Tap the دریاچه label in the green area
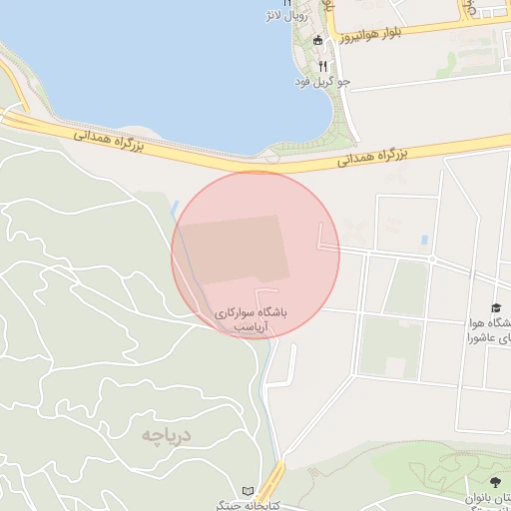tap(165, 434)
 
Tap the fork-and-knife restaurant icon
tap(322, 65)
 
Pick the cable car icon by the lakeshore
tap(317, 40)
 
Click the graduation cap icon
tap(496, 307)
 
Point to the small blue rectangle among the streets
tap(425, 241)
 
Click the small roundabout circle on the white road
tap(432, 260)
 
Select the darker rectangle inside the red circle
tap(235, 250)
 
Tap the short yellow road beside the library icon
tap(274, 478)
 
